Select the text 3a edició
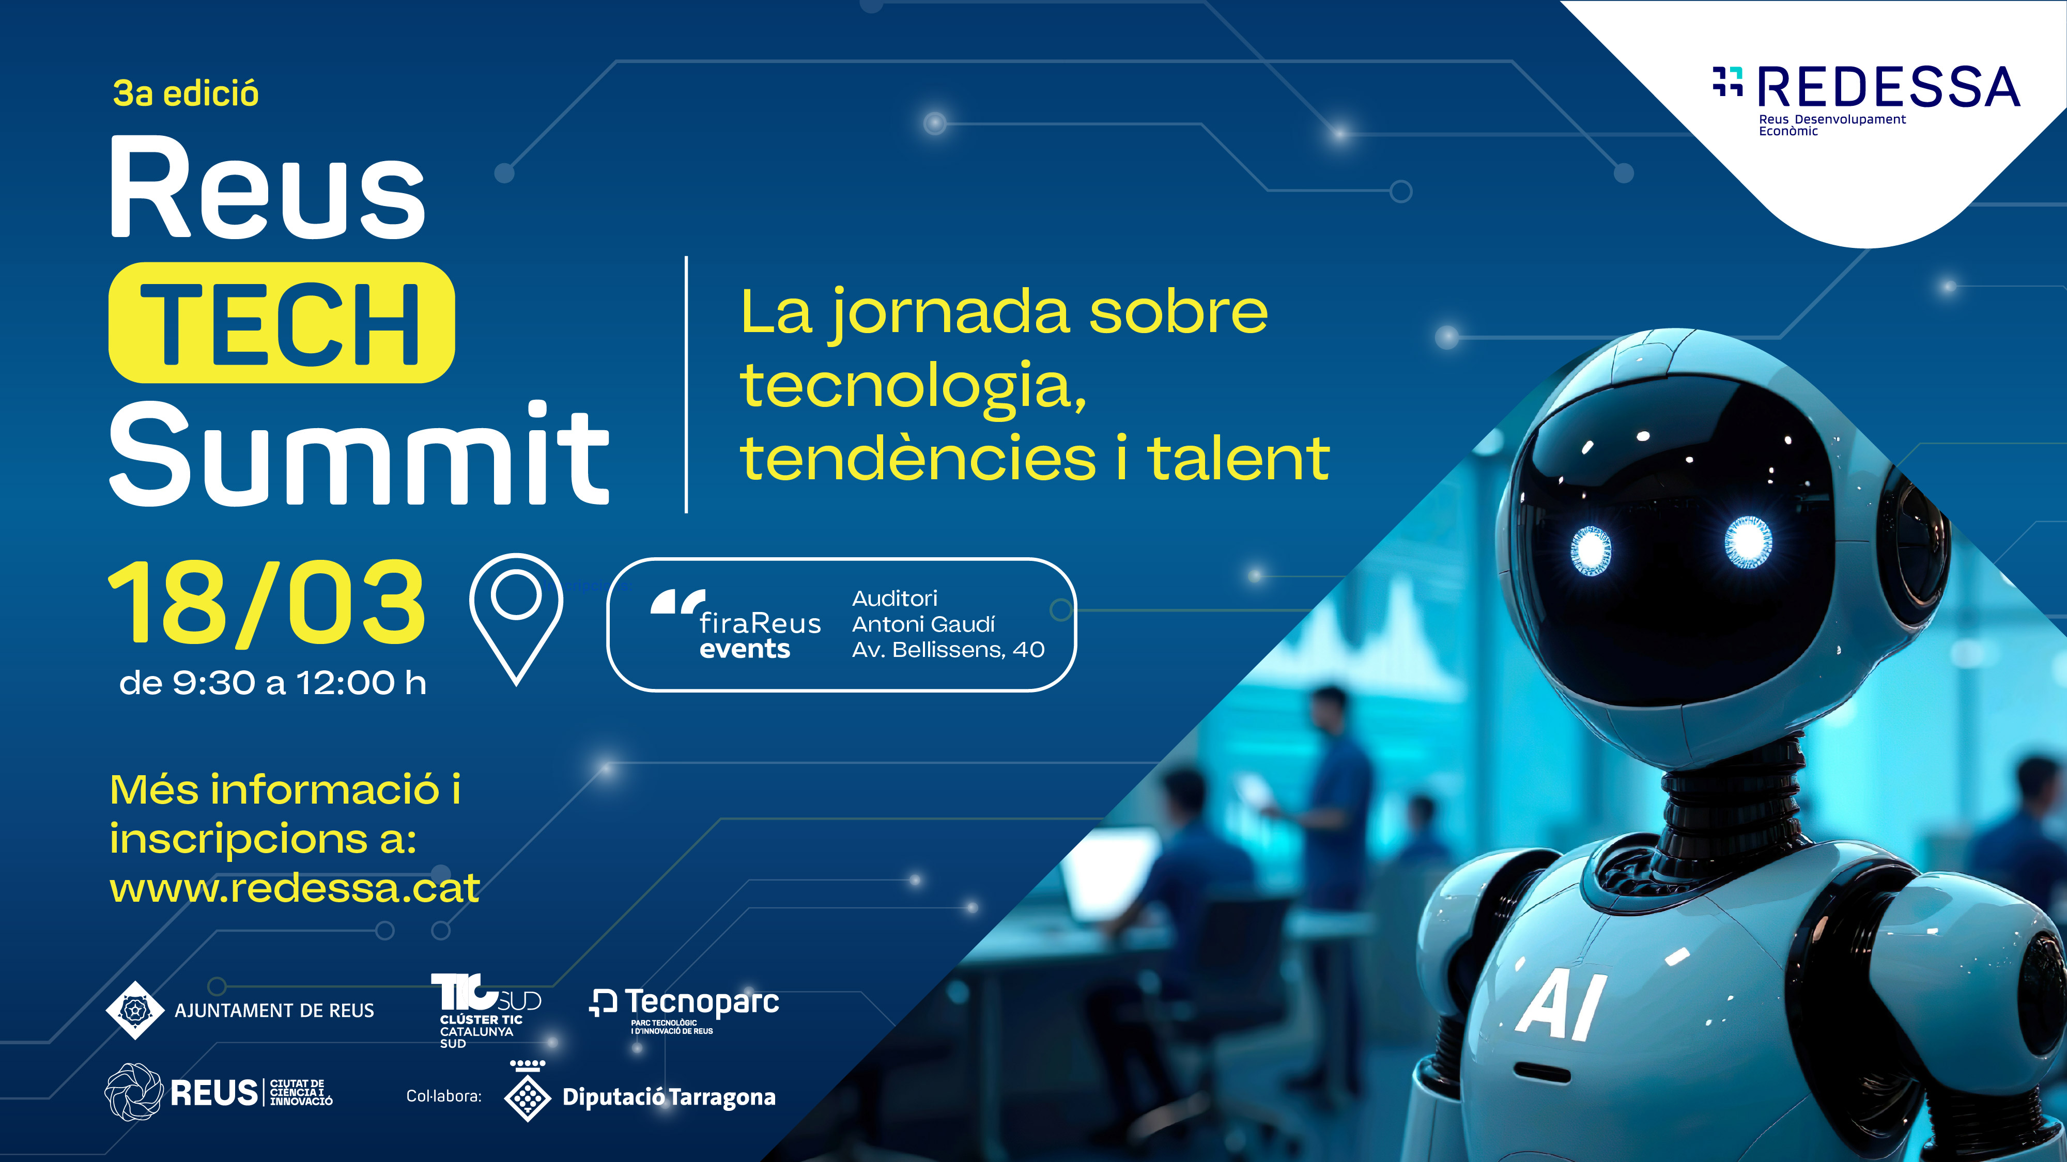[x=186, y=94]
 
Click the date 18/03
[x=267, y=603]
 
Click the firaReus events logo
[x=736, y=625]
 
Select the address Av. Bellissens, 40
[x=948, y=650]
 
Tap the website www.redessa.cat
[x=295, y=888]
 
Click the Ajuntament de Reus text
[x=274, y=1011]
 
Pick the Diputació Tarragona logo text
[x=668, y=1097]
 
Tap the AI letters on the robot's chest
[x=1561, y=1004]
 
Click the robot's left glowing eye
[x=1590, y=550]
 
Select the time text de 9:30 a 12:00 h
[x=273, y=683]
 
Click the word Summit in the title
[x=359, y=454]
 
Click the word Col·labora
[x=444, y=1096]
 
